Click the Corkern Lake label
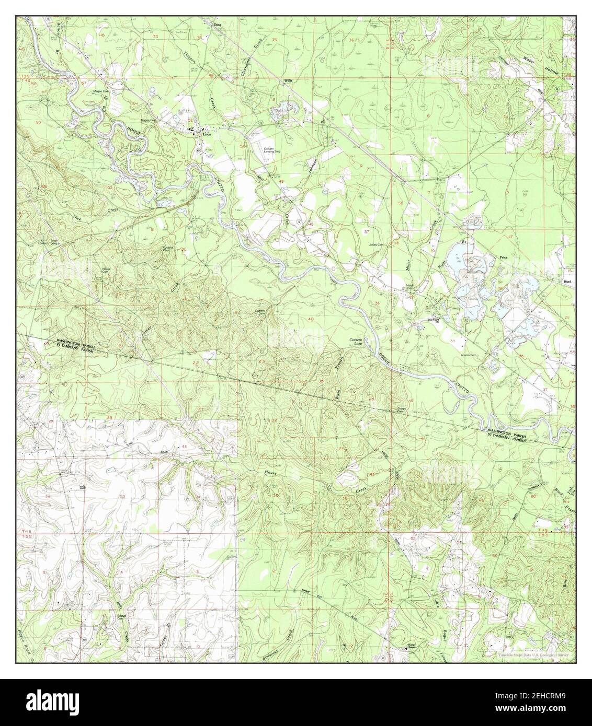click(x=356, y=341)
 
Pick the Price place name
click(x=504, y=257)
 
